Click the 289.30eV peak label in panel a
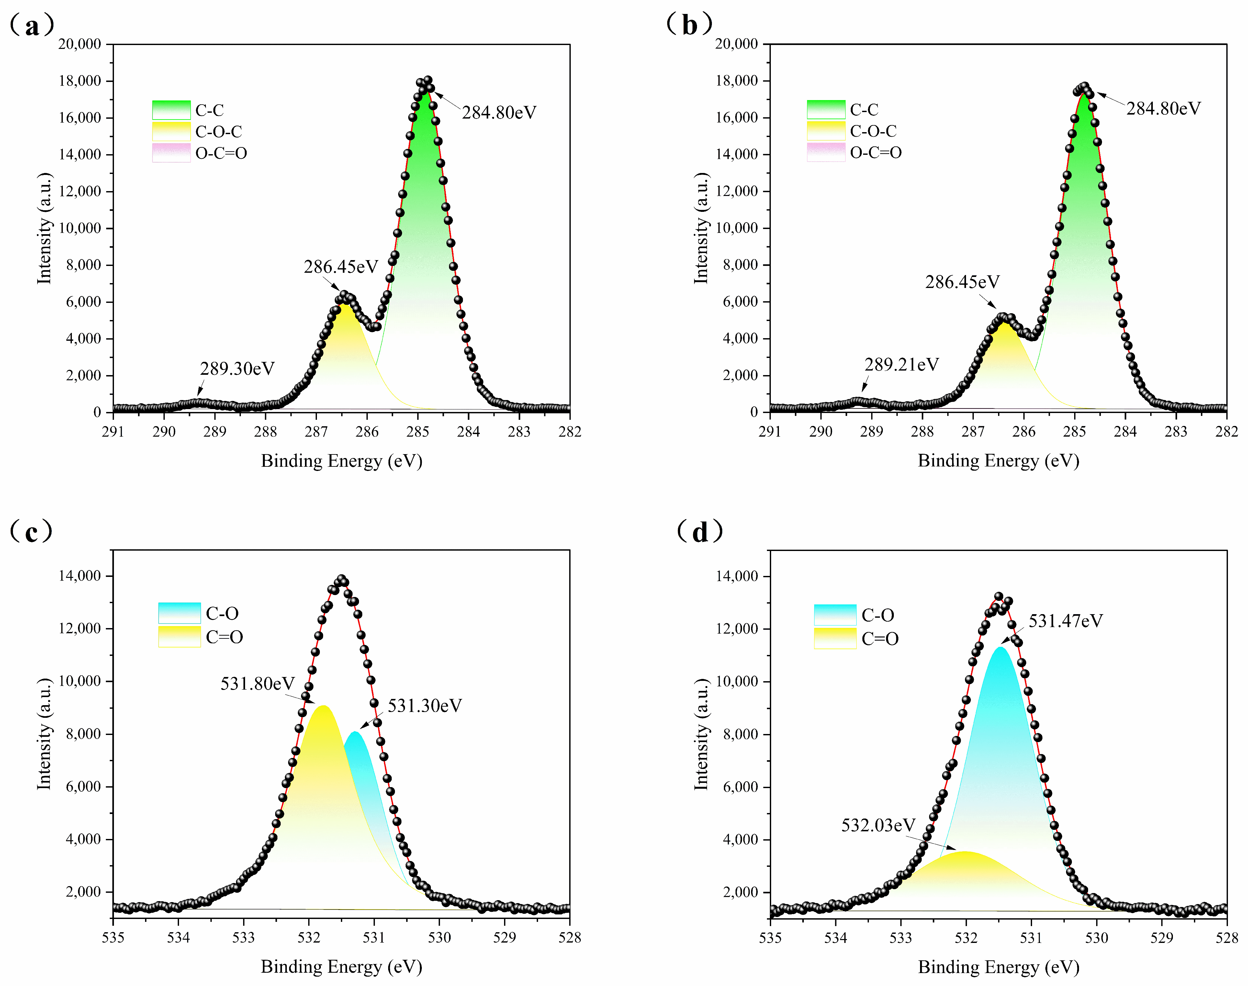[x=237, y=368]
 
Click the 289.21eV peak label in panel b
[x=901, y=364]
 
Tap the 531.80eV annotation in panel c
[x=257, y=683]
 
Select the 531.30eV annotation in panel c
[x=425, y=705]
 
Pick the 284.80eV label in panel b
[x=1163, y=109]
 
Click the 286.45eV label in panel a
[x=341, y=267]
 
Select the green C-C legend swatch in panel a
[x=171, y=110]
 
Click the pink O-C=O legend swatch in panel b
[x=826, y=153]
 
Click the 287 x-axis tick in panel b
[x=973, y=432]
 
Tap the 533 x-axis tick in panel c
[x=243, y=937]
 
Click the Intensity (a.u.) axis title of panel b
[x=701, y=228]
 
